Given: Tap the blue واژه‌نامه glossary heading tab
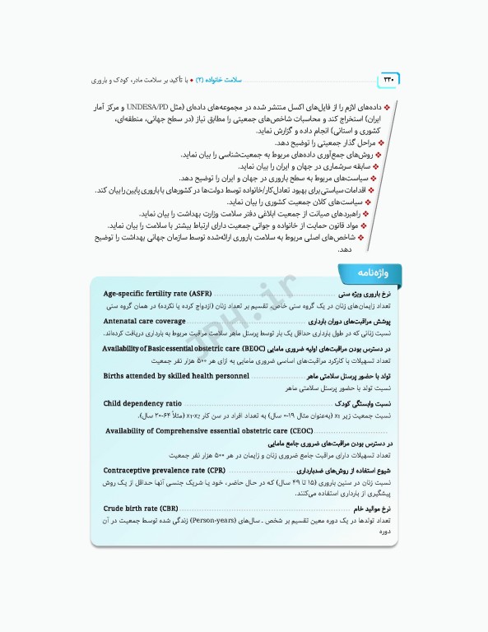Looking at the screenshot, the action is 366,272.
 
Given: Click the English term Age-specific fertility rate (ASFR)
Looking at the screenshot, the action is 157,294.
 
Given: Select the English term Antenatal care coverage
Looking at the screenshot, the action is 144,321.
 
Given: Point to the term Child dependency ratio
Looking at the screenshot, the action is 142,403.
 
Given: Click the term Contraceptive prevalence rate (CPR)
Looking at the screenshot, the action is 165,470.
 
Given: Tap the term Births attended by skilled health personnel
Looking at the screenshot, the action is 176,375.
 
